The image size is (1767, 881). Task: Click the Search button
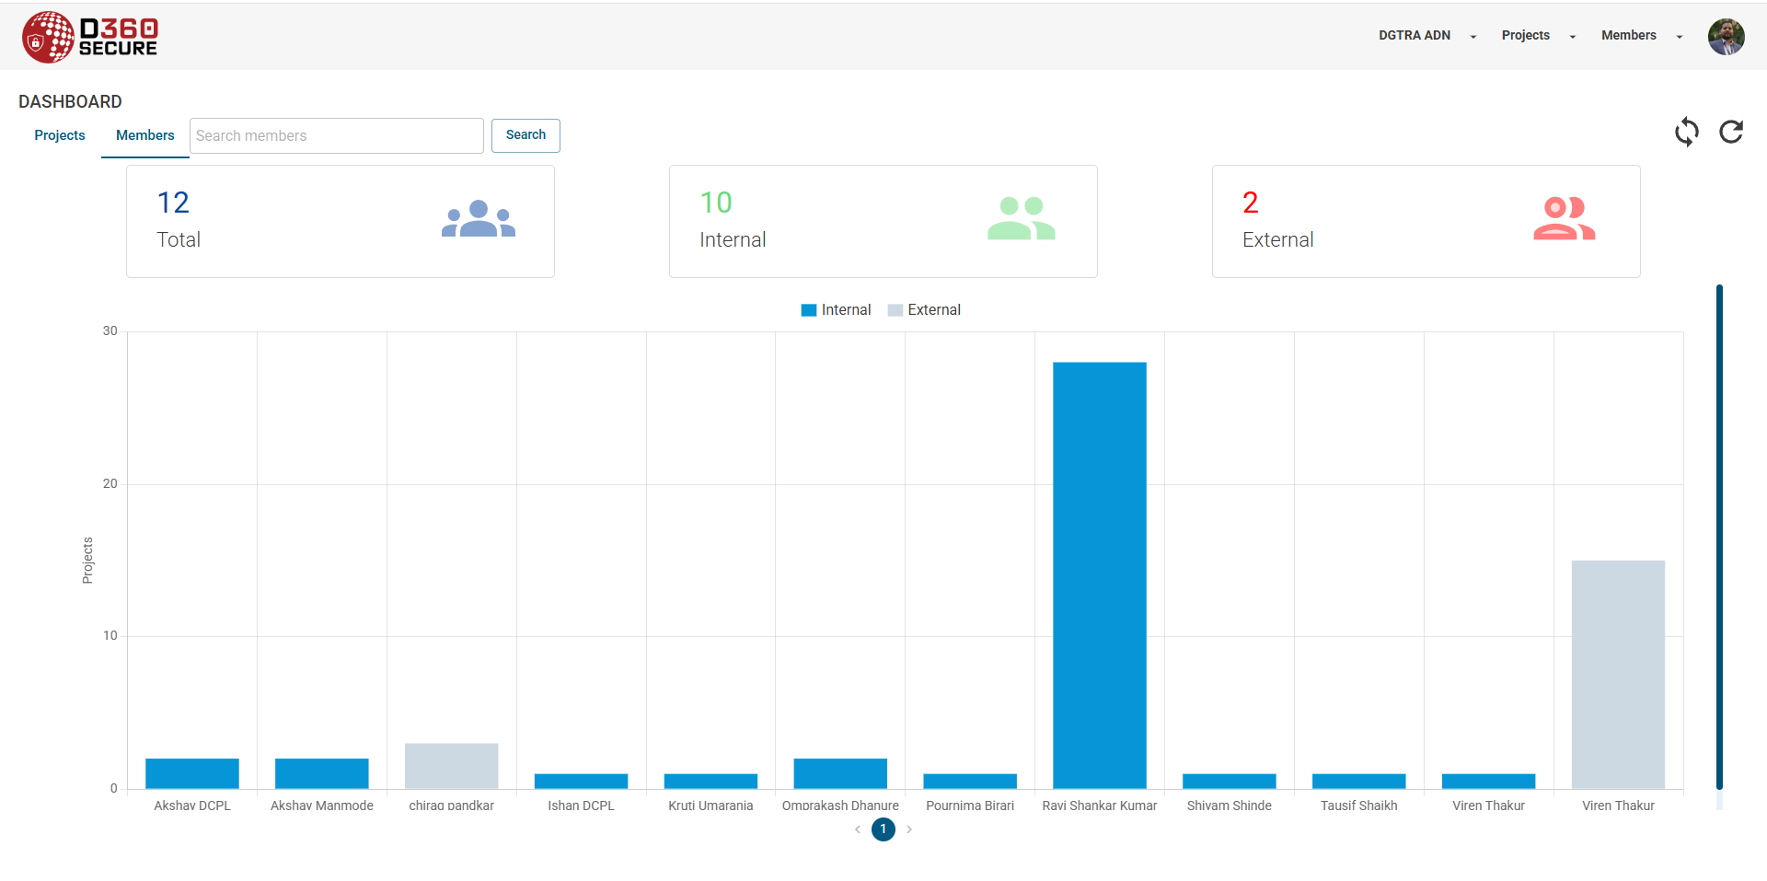point(525,135)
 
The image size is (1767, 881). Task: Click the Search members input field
point(336,135)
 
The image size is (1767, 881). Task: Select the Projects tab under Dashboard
point(60,135)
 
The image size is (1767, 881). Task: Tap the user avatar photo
point(1726,37)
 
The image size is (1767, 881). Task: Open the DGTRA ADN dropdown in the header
point(1426,36)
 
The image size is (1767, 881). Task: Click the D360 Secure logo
point(90,37)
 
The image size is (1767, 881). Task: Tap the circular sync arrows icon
point(1686,132)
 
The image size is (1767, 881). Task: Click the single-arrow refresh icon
point(1731,132)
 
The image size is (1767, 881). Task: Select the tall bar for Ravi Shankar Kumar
point(1100,575)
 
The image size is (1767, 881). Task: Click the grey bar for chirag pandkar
point(451,766)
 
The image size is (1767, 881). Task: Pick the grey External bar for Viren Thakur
point(1618,674)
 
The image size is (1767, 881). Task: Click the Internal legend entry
point(836,310)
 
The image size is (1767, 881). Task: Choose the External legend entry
point(924,310)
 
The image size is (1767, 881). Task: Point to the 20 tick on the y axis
point(110,484)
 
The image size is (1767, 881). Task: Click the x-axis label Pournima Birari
point(970,806)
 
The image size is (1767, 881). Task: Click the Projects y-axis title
point(88,561)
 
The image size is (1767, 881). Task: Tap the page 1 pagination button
point(883,829)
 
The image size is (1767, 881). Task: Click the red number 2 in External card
point(1250,203)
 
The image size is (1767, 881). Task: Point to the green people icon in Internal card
point(1021,218)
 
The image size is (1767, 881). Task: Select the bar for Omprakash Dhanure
point(840,773)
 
